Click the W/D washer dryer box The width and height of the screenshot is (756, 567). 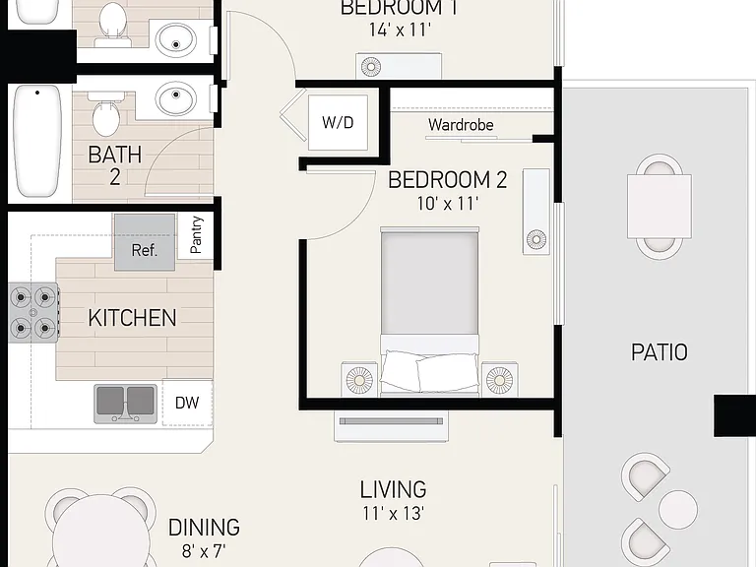pos(338,122)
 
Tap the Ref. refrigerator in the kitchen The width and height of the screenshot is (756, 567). pos(145,242)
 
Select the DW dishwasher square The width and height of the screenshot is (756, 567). pos(187,403)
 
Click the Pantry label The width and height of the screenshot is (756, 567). pos(196,235)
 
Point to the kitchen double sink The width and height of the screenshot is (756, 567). pos(125,404)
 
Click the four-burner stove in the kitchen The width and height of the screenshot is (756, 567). pos(33,313)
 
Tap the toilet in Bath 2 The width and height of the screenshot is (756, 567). pos(105,114)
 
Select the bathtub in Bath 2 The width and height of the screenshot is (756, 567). pos(37,141)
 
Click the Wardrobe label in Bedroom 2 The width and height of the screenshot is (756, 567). pos(461,125)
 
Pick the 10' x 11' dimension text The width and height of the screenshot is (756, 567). pos(448,204)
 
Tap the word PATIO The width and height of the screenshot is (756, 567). pos(660,352)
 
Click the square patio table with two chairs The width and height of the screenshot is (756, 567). pos(660,207)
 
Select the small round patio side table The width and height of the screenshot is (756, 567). pos(678,510)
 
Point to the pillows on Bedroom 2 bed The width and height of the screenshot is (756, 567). pos(430,372)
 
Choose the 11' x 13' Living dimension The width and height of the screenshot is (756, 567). pos(393,514)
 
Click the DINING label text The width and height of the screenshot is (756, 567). pos(204,528)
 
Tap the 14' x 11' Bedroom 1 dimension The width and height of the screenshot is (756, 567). pos(400,30)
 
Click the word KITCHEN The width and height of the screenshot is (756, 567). pos(132,318)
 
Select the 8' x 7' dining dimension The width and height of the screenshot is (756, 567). pos(204,550)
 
